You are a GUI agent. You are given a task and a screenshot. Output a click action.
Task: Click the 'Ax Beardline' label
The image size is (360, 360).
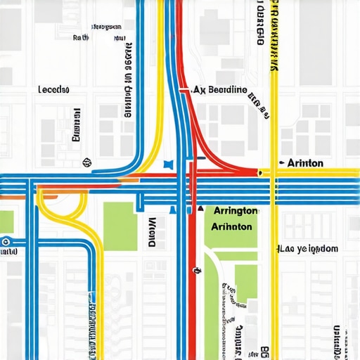tap(220, 90)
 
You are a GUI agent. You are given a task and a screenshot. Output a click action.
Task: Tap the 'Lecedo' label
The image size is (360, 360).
tap(54, 91)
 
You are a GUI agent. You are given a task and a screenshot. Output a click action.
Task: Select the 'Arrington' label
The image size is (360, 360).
tap(235, 211)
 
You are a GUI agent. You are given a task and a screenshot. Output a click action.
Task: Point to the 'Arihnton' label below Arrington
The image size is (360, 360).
tap(231, 227)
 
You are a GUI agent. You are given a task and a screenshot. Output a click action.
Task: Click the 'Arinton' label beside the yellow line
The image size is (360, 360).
tap(305, 163)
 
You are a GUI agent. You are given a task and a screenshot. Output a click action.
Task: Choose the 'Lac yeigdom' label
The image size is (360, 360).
tap(308, 249)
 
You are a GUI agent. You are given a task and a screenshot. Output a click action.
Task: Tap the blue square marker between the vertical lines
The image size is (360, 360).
tap(167, 163)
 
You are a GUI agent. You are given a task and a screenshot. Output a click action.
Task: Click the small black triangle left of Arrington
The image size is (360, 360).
tap(200, 210)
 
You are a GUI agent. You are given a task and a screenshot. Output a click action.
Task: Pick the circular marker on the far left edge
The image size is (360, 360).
tap(6, 241)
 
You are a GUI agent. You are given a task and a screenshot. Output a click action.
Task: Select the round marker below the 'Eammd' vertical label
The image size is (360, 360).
tap(87, 161)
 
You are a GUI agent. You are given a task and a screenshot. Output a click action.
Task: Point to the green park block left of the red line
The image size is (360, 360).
tap(120, 225)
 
